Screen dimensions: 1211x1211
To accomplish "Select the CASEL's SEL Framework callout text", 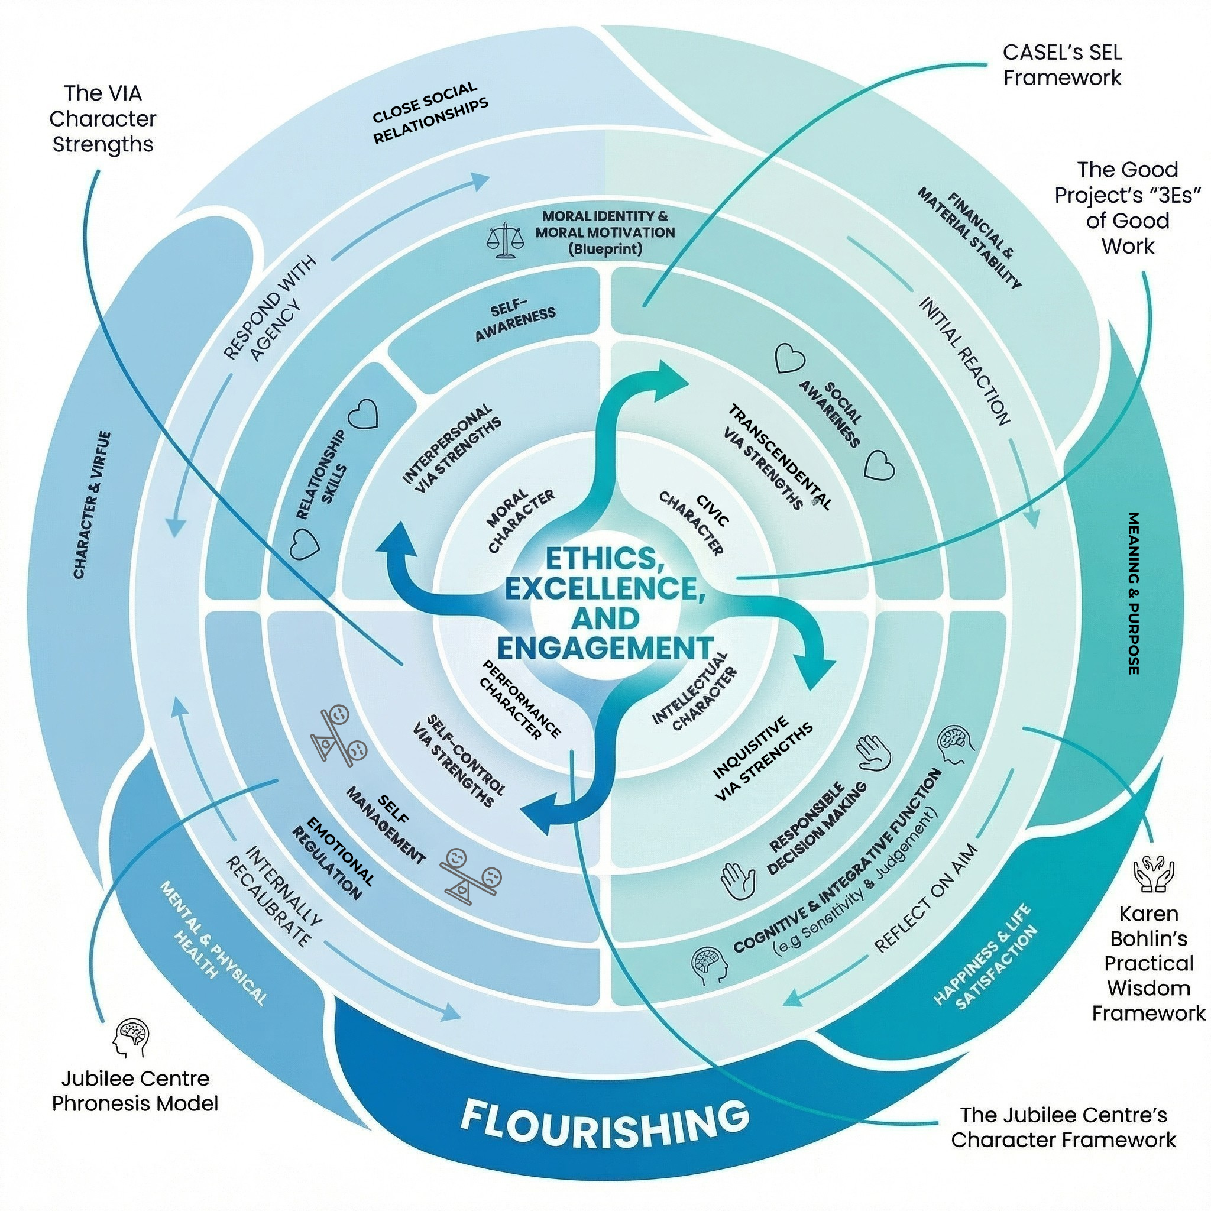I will (1062, 64).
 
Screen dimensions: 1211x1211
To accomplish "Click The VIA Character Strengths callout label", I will (103, 118).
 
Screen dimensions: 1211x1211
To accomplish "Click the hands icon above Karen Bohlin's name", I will (1153, 875).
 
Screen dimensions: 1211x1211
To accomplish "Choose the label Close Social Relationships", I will (429, 114).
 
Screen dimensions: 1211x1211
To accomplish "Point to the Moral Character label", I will (520, 520).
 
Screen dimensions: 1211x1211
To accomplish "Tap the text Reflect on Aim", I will (925, 899).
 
